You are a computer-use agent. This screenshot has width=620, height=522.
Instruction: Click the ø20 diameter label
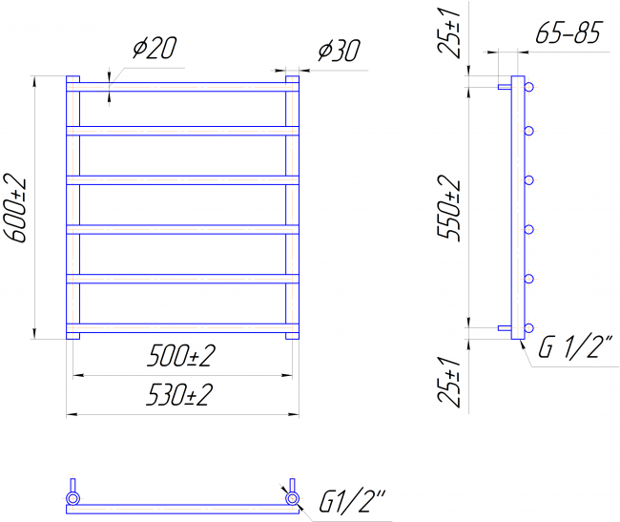point(155,49)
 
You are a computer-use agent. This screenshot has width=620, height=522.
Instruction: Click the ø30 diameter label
point(340,51)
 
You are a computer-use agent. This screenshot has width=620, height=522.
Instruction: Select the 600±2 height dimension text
point(15,210)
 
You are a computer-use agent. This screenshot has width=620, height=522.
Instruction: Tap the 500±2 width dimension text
point(181,356)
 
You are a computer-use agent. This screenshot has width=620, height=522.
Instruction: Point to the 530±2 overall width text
point(179,395)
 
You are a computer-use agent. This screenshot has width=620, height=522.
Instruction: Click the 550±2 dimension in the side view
point(449,208)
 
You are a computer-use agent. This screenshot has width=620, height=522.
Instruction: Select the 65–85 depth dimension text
point(568,32)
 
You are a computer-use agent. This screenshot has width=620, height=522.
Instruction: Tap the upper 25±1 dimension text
point(449,32)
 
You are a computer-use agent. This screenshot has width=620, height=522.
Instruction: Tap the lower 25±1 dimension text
point(449,382)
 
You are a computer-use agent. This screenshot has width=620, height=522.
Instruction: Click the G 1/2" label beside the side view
point(575,346)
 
